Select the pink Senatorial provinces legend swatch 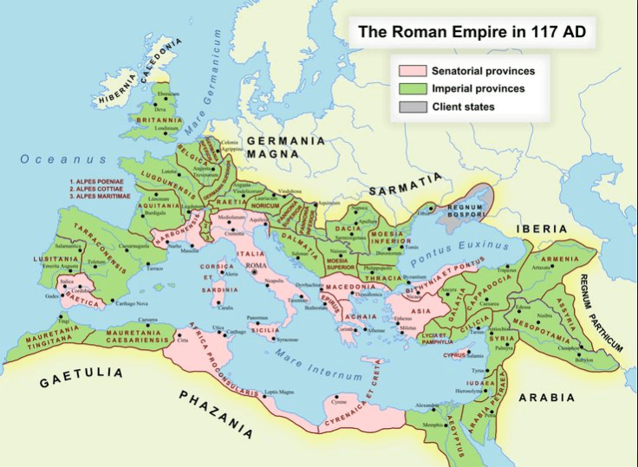pyautogui.click(x=407, y=71)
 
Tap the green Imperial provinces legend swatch pyautogui.click(x=407, y=88)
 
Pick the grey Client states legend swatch pyautogui.click(x=407, y=107)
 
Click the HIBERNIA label pyautogui.click(x=118, y=77)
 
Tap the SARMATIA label pyautogui.click(x=405, y=185)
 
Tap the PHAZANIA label pyautogui.click(x=216, y=413)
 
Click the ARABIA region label pyautogui.click(x=546, y=398)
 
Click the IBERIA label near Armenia pyautogui.click(x=541, y=229)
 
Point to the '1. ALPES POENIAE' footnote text pyautogui.click(x=101, y=182)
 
